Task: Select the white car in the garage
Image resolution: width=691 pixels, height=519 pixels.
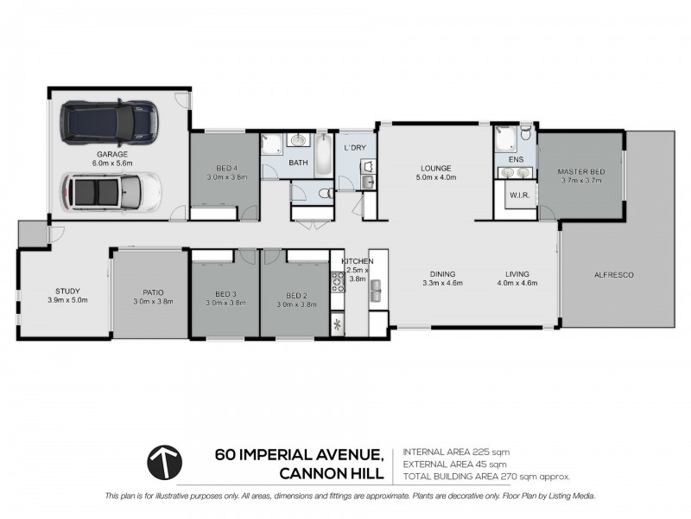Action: click(110, 189)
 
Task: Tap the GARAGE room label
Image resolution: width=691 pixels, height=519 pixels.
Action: click(111, 154)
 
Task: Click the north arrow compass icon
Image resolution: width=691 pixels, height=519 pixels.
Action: click(165, 463)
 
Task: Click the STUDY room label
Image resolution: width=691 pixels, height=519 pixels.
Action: click(67, 291)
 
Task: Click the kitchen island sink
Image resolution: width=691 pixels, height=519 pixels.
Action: click(376, 294)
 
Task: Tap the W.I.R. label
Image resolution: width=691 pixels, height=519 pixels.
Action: click(520, 195)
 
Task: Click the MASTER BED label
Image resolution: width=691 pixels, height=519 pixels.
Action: click(580, 172)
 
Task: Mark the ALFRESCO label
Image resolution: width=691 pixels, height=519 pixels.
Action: click(614, 274)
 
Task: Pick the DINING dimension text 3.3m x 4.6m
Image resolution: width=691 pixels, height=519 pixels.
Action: click(442, 283)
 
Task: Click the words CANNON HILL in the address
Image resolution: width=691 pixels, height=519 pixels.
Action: click(330, 472)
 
